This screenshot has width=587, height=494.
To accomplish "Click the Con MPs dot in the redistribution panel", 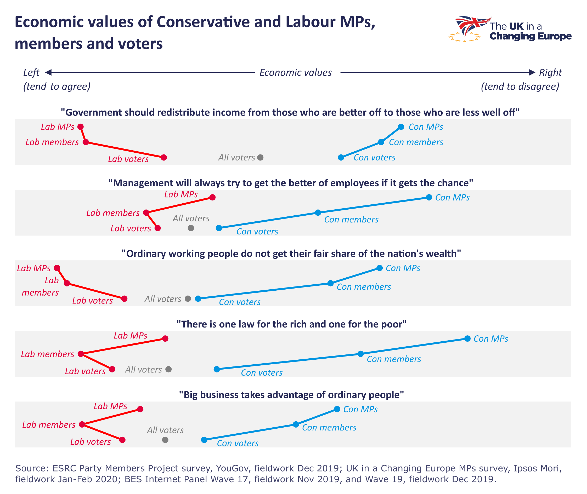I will pos(401,127).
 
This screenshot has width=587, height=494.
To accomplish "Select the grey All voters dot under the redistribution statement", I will pos(261,157).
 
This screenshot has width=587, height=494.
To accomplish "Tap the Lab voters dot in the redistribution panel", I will pos(164,157).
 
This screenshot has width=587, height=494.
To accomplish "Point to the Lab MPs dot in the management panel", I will pos(212,197).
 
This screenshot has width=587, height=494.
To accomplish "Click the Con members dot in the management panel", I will pos(318,213).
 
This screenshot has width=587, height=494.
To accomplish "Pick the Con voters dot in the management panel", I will pos(219,228).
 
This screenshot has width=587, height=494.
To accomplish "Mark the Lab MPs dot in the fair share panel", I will pos(57,268).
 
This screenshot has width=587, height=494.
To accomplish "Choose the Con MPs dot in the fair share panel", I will pos(380,268).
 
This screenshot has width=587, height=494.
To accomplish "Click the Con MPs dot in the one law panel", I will pos(467,338).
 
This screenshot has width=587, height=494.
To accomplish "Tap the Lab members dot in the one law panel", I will pos(81,354).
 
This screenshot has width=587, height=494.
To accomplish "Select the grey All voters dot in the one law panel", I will pos(168,369).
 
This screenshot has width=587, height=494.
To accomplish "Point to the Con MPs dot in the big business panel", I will pos(337,409).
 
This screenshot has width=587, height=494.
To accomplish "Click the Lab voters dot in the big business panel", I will pos(122,440).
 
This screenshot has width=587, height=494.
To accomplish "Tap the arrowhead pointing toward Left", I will pos(48,73).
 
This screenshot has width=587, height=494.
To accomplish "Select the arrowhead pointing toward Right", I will pos(532,73).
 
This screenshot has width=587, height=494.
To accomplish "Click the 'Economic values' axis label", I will pos(296,73).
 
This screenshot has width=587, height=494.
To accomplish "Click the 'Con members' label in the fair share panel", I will pos(364,287).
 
